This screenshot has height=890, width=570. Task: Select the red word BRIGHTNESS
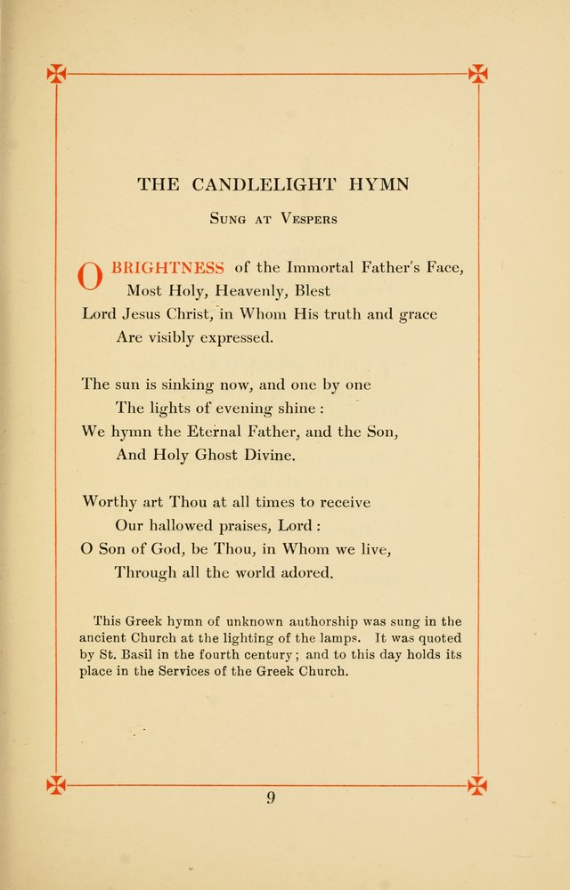(167, 267)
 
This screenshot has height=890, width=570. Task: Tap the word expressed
(237, 338)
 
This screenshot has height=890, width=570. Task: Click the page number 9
(271, 797)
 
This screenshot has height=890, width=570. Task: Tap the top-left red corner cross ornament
(57, 74)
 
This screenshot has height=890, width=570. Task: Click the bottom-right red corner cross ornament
(477, 785)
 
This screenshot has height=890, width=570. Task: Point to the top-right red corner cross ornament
(477, 74)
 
